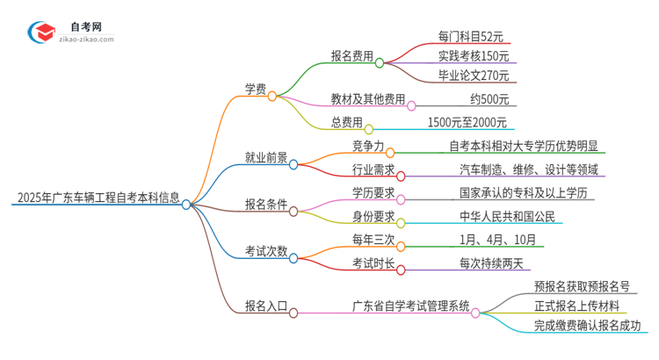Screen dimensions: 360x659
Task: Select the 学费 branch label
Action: [x=255, y=88]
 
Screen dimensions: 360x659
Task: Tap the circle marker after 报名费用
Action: [x=380, y=62]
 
